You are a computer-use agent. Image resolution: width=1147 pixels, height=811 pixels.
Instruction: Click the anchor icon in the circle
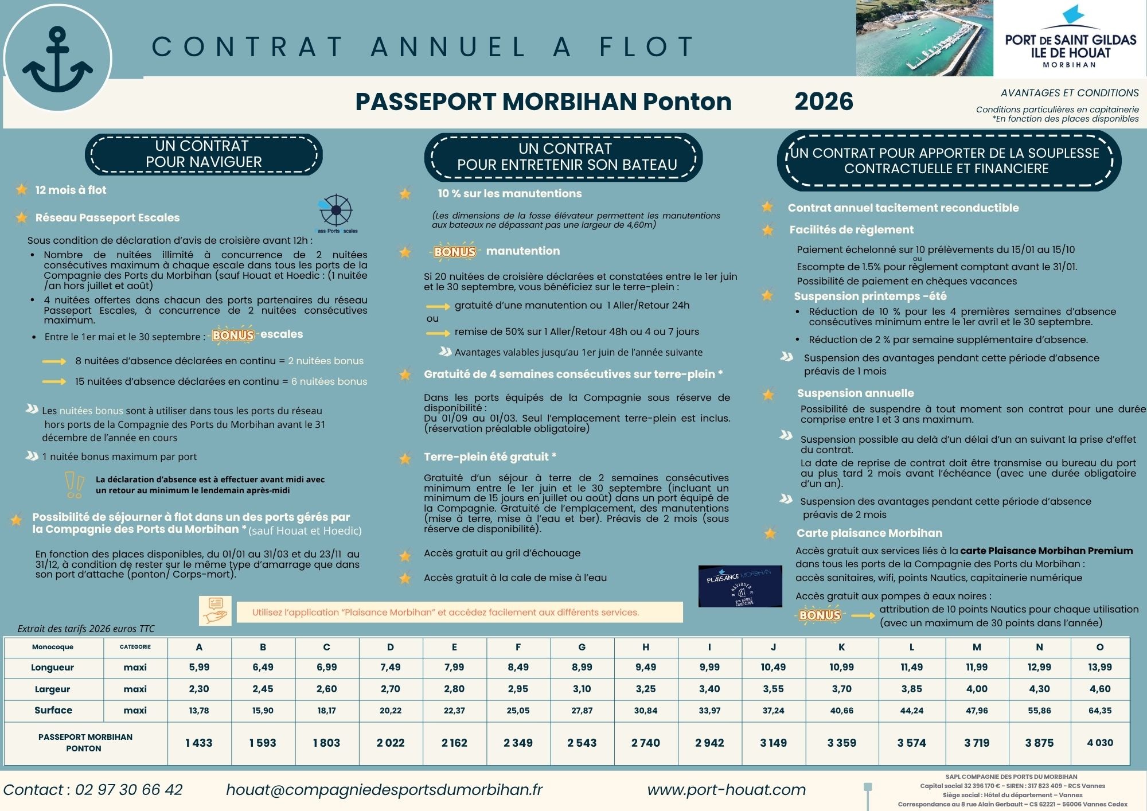pos(57,60)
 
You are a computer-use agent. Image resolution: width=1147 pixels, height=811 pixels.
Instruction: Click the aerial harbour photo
pos(924,38)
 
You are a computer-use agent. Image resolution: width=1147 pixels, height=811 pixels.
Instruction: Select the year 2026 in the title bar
pos(824,102)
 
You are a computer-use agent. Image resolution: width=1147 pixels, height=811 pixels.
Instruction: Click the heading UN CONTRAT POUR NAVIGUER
pos(204,154)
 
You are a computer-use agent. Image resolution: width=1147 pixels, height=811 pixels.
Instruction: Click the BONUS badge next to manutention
pos(455,251)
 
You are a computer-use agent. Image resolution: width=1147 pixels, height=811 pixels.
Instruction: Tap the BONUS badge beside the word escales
pos(233,335)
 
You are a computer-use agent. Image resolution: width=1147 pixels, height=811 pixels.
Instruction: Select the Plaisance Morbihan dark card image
pos(740,586)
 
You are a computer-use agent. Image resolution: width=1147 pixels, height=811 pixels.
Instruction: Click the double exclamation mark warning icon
pos(75,484)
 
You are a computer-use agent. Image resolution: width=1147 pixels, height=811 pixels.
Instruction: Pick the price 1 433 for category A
pos(199,743)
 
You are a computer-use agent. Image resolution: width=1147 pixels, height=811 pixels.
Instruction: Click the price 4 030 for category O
pos(1099,743)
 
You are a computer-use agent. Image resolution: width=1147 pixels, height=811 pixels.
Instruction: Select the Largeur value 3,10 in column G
pos(582,689)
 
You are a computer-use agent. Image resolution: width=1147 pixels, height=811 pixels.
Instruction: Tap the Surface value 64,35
pos(1099,710)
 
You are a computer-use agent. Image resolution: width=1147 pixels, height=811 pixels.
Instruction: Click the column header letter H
pos(645,647)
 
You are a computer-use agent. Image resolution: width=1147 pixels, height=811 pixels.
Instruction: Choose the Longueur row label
pos(53,668)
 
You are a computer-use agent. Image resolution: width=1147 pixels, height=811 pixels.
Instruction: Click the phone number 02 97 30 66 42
pos(128,790)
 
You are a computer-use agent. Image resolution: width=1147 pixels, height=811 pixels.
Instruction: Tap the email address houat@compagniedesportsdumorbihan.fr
pos(384,790)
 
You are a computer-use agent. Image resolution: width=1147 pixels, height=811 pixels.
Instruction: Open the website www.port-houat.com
pos(726,790)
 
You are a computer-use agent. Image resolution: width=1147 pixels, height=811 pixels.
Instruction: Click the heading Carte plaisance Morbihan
pos(869,533)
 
